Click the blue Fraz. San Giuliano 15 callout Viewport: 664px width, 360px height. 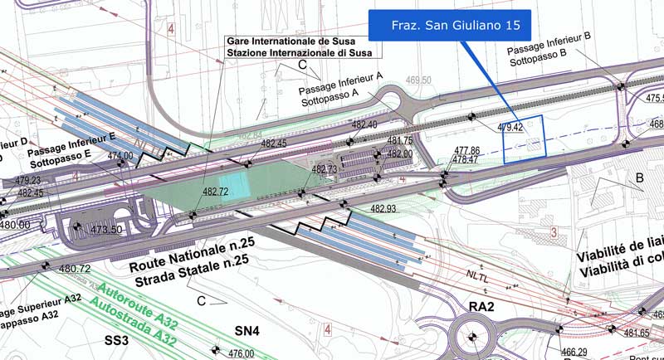pos(449,26)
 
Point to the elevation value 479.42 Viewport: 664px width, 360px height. pos(510,128)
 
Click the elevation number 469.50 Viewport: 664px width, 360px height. pos(419,80)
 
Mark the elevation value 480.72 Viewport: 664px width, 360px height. pos(75,269)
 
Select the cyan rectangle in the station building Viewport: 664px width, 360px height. pos(233,186)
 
